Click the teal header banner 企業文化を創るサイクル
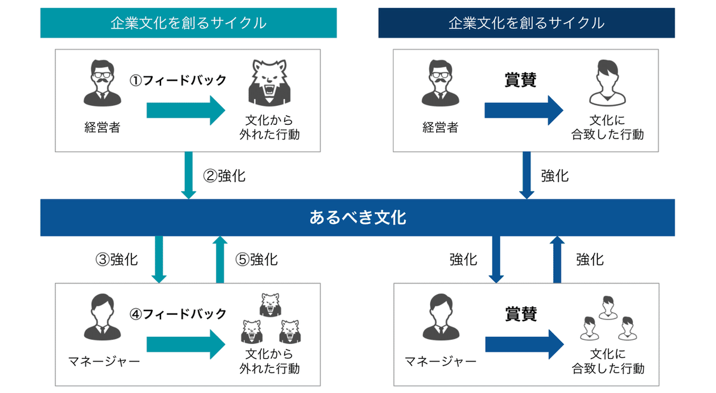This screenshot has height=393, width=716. click(189, 23)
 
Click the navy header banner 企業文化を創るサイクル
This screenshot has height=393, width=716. click(526, 23)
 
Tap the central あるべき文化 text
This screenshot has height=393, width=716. click(357, 217)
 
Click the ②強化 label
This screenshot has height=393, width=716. click(224, 176)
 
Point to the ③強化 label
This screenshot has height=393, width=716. click(117, 259)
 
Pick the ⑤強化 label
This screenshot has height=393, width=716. click(257, 259)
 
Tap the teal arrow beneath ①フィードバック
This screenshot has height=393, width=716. click(186, 111)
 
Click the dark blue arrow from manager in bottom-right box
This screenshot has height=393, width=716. click(524, 345)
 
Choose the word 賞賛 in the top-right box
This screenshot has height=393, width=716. click(520, 80)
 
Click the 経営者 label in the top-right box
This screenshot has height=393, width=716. click(440, 127)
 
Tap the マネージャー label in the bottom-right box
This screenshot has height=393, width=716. click(440, 361)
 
